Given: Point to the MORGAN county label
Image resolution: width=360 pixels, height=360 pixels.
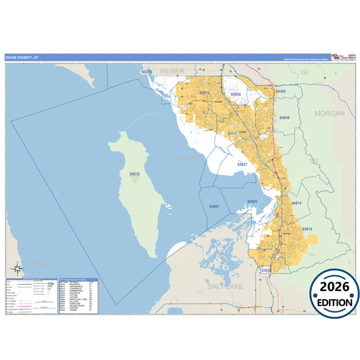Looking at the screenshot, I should pyautogui.click(x=329, y=113).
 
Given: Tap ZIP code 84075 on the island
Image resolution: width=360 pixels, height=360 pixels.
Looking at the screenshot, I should pyautogui.click(x=135, y=174).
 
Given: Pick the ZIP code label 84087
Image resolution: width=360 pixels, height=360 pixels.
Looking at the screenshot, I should pyautogui.click(x=214, y=206).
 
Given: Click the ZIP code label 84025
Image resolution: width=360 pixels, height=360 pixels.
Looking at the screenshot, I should pyautogui.click(x=253, y=202).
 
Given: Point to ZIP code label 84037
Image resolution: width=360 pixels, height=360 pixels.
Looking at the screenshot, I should pyautogui.click(x=242, y=164).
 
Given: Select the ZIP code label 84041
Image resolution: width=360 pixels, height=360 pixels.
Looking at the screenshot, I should pyautogui.click(x=234, y=133).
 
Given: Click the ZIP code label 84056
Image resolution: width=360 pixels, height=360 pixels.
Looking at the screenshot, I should pyautogui.click(x=236, y=95).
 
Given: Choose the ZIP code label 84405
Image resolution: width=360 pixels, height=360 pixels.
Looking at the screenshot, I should pyautogui.click(x=281, y=91).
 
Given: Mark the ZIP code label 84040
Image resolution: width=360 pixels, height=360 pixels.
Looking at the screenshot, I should pyautogui.click(x=284, y=118).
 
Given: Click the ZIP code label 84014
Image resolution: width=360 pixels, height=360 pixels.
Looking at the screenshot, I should pyautogui.click(x=297, y=203).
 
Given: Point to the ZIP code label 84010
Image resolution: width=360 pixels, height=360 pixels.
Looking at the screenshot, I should pyautogui.click(x=308, y=230).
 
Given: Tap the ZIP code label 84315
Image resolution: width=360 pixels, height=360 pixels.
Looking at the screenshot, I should pyautogui.click(x=147, y=71).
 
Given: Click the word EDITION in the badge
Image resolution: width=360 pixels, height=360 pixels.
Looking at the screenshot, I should pyautogui.click(x=330, y=303).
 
